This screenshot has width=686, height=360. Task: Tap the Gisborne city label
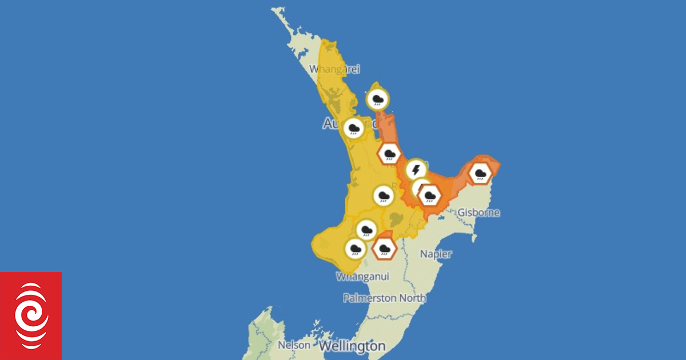click(478, 213)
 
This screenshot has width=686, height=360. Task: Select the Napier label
click(436, 254)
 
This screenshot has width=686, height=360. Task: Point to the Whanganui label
click(362, 277)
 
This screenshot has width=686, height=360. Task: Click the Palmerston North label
click(384, 298)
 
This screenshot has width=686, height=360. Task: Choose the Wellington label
click(352, 346)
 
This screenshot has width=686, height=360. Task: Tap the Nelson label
click(294, 345)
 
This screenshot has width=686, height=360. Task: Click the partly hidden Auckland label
click(334, 123)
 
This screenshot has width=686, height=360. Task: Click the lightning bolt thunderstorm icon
click(416, 170)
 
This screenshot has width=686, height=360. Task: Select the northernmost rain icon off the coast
click(378, 99)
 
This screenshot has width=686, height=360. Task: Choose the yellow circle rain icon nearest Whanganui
click(355, 249)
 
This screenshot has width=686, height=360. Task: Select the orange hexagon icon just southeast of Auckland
click(389, 153)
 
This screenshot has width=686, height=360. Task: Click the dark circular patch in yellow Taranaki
click(324, 244)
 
